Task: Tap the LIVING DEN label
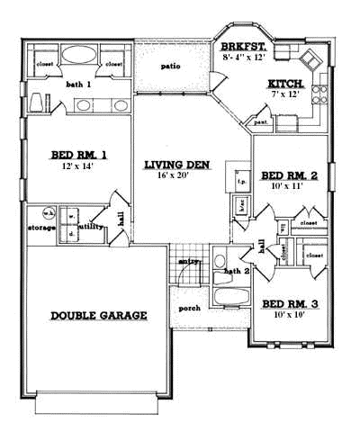[x=177, y=165]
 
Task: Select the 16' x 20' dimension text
[x=176, y=176]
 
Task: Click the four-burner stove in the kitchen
[x=310, y=60]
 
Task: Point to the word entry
[x=189, y=261]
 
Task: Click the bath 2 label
[x=235, y=270]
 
